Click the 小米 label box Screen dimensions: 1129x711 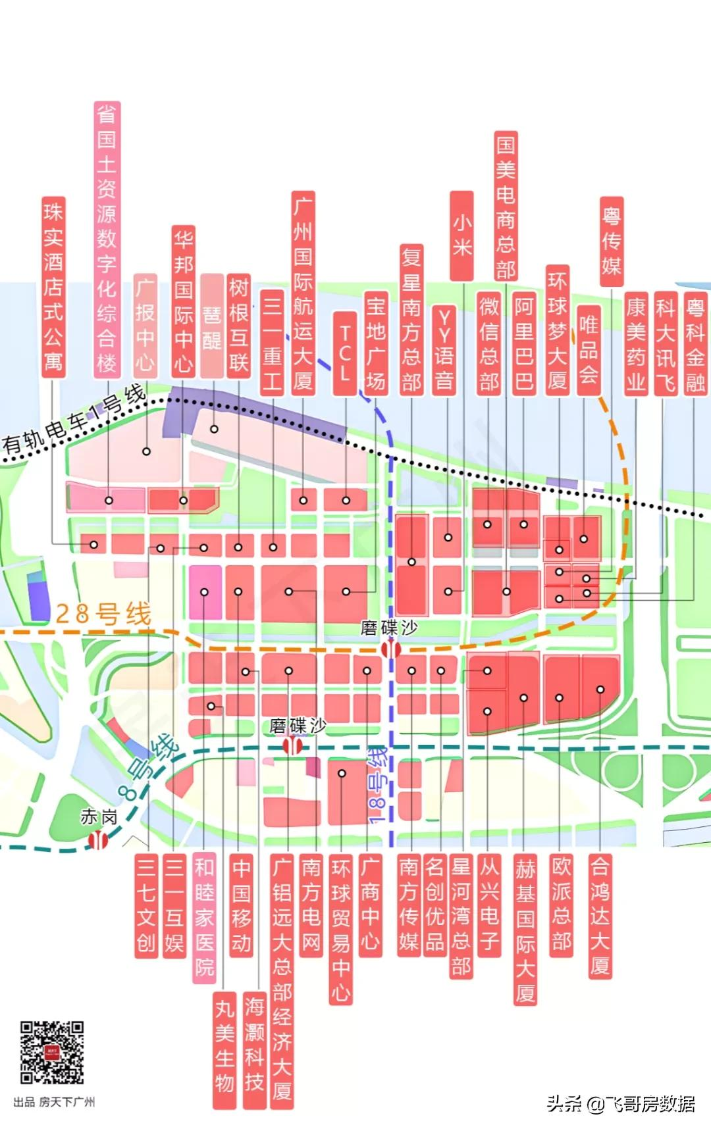tap(461, 236)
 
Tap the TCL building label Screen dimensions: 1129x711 tap(344, 353)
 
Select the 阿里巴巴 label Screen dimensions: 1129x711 tap(524, 343)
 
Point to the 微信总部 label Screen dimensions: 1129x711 tap(488, 343)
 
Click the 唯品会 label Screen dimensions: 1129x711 tap(588, 350)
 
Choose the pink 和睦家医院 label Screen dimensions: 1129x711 tap(204, 917)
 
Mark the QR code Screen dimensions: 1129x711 tap(52, 1052)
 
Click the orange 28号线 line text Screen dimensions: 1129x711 tap(103, 614)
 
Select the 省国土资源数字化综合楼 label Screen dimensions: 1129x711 tap(107, 238)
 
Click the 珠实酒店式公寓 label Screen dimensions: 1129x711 tap(53, 286)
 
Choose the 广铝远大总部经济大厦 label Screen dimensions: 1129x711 tap(282, 980)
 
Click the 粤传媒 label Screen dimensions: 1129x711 tap(611, 241)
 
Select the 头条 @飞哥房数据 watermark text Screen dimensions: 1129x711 tap(620, 1103)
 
